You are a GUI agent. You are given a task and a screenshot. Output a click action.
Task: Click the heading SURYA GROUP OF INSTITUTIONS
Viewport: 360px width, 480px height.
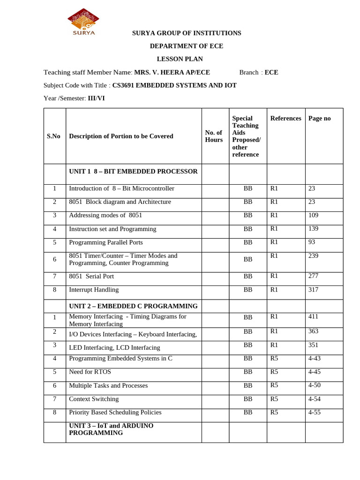pyautogui.click(x=187, y=33)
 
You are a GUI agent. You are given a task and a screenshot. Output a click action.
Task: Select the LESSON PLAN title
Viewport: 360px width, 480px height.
pyautogui.click(x=187, y=59)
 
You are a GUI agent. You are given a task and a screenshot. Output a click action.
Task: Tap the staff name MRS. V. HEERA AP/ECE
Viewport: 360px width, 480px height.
pyautogui.click(x=172, y=72)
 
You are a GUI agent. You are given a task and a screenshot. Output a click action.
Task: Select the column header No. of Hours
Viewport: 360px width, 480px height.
pyautogui.click(x=214, y=136)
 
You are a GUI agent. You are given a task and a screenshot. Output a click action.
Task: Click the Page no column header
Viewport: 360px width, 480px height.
pyautogui.click(x=320, y=119)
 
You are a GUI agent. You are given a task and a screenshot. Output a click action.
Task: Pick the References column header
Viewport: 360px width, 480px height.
pyautogui.click(x=285, y=119)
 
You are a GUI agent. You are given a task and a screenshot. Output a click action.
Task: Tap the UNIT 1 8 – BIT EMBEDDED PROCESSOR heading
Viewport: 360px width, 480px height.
pyautogui.click(x=133, y=172)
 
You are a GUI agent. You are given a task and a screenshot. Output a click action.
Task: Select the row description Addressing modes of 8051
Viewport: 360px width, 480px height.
pyautogui.click(x=105, y=215)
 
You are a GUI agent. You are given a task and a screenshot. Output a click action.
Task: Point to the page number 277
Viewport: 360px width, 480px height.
pyautogui.click(x=313, y=276)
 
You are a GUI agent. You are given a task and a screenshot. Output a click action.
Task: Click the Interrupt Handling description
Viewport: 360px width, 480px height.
pyautogui.click(x=94, y=290)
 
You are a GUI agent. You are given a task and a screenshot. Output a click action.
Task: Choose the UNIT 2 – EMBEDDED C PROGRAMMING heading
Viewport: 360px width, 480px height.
pyautogui.click(x=133, y=306)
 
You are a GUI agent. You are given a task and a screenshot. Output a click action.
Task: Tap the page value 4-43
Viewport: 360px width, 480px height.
pyautogui.click(x=315, y=358)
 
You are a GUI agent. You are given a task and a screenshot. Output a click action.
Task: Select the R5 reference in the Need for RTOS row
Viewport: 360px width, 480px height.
pyautogui.click(x=274, y=372)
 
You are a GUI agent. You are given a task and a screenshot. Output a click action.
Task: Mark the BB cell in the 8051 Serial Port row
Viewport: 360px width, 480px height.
pyautogui.click(x=248, y=277)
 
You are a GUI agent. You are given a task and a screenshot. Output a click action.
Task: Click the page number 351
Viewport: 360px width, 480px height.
pyautogui.click(x=313, y=345)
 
